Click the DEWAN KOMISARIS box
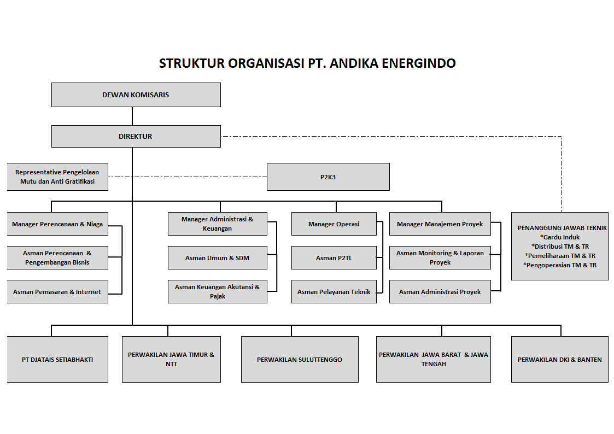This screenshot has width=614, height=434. coord(136,95)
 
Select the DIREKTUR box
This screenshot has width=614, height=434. coord(136,136)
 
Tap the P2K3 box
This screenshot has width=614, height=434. coord(328,177)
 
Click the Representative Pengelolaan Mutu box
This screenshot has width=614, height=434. coord(57,177)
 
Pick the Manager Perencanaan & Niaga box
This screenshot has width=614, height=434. coord(57,224)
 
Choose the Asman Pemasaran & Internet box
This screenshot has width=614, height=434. coord(57,291)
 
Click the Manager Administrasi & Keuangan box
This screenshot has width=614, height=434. coord(217,224)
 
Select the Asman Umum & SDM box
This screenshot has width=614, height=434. coord(217,258)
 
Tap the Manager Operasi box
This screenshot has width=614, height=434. coord(334,224)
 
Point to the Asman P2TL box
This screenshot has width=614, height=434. coord(334,258)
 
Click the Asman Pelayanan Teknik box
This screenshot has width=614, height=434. coord(334,291)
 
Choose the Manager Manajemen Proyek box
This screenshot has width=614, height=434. coord(440,224)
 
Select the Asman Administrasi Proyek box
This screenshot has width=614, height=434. coord(440,291)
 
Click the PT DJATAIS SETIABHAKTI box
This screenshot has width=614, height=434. coord(57,359)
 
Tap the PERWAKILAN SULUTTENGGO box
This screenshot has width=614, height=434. coord(300,359)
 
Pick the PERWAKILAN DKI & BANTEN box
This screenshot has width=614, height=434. coord(559,359)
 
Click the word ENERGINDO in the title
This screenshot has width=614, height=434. coord(419,63)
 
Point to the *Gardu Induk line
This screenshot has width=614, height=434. coord(559,237)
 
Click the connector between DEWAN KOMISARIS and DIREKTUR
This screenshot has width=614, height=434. coord(132,116)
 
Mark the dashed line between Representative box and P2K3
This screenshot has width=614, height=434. coord(188,177)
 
